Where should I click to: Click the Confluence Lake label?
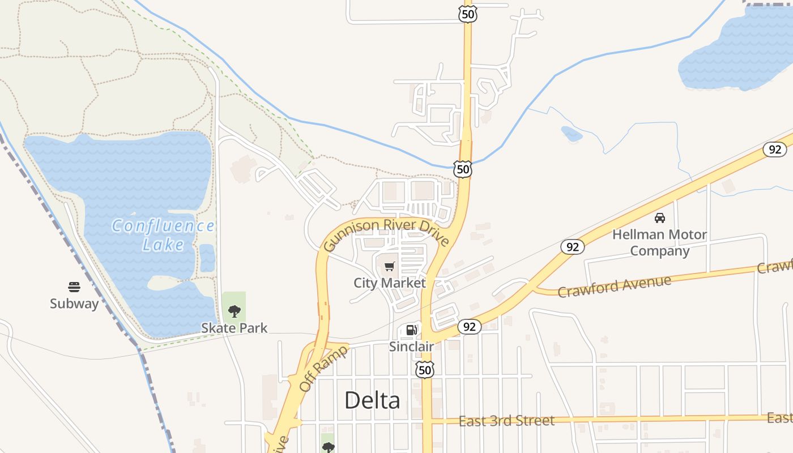pyautogui.click(x=163, y=235)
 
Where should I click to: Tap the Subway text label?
pyautogui.click(x=74, y=304)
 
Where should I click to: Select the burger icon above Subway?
pyautogui.click(x=74, y=287)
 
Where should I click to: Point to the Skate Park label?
pyautogui.click(x=234, y=328)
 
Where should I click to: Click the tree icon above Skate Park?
pyautogui.click(x=234, y=311)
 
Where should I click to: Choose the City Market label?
pyautogui.click(x=389, y=283)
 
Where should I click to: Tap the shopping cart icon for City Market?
pyautogui.click(x=390, y=266)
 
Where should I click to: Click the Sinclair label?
pyautogui.click(x=411, y=347)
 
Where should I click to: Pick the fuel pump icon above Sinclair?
pyautogui.click(x=412, y=330)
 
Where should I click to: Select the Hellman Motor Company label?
pyautogui.click(x=659, y=242)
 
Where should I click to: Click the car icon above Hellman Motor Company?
pyautogui.click(x=659, y=218)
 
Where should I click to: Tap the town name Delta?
pyautogui.click(x=372, y=400)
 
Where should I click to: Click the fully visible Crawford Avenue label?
pyautogui.click(x=614, y=286)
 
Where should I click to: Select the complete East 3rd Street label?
pyautogui.click(x=506, y=421)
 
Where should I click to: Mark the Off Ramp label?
pyautogui.click(x=322, y=367)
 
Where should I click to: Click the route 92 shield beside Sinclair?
pyautogui.click(x=470, y=327)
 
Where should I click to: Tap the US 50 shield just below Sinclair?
pyautogui.click(x=424, y=370)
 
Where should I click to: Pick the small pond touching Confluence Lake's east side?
pyautogui.click(x=207, y=258)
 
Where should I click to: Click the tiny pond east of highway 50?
pyautogui.click(x=572, y=134)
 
